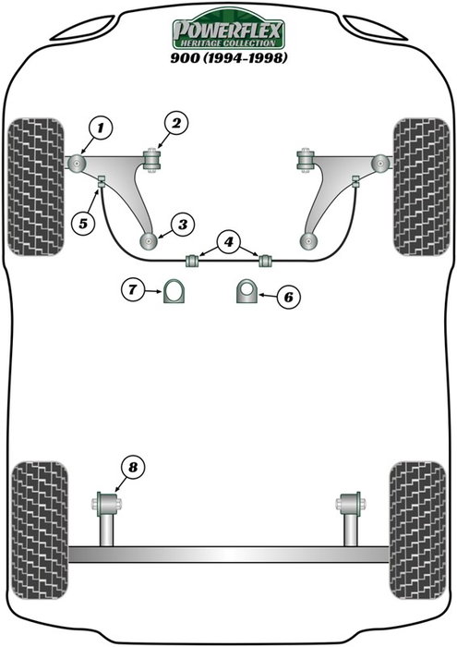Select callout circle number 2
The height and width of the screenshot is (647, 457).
pos(177,122)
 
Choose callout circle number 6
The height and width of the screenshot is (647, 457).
pos(288,297)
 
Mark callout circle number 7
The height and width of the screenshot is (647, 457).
pos(132,291)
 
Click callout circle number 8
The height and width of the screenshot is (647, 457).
pos(135,469)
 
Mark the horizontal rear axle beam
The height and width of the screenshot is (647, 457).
pos(229,555)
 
